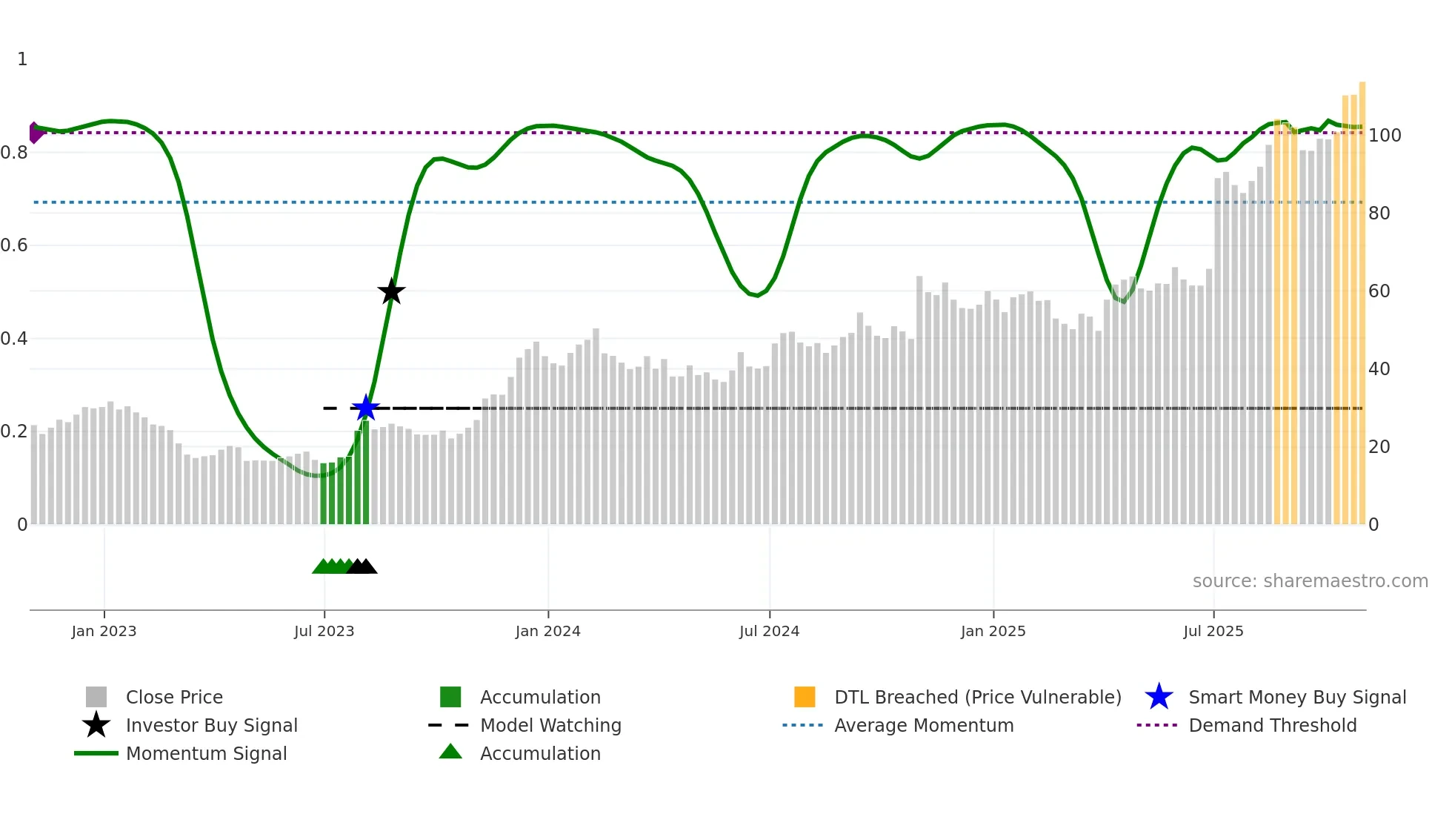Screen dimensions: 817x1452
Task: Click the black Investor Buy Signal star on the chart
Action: pos(391,291)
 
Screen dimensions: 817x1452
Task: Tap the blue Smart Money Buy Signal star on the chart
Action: pos(365,408)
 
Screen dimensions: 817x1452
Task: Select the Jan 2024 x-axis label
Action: pos(547,632)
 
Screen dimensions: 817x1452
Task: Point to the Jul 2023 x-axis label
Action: pos(324,632)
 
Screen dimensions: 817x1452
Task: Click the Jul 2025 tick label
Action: pos(1213,632)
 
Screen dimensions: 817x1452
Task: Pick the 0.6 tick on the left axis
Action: pos(14,245)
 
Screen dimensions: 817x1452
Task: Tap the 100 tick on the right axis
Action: pos(1384,136)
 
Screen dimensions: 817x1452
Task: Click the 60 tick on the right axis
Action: pos(1379,291)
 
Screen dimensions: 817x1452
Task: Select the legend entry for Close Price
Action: pos(174,698)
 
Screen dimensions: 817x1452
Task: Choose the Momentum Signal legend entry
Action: pos(206,754)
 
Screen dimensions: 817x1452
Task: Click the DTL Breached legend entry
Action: pos(977,698)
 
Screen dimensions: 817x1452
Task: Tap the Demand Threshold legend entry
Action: pos(1272,726)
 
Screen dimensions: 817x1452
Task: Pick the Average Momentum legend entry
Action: pos(923,726)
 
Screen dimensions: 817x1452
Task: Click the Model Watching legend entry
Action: pos(550,726)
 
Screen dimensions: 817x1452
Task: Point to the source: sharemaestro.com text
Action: pos(1310,581)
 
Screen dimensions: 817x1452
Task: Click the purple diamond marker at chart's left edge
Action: pos(34,133)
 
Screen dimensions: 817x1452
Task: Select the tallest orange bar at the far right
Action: pos(1362,304)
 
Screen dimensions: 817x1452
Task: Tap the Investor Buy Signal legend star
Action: pos(96,725)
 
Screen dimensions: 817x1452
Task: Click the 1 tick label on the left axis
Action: pos(22,59)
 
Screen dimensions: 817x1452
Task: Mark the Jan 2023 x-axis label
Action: pos(104,632)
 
